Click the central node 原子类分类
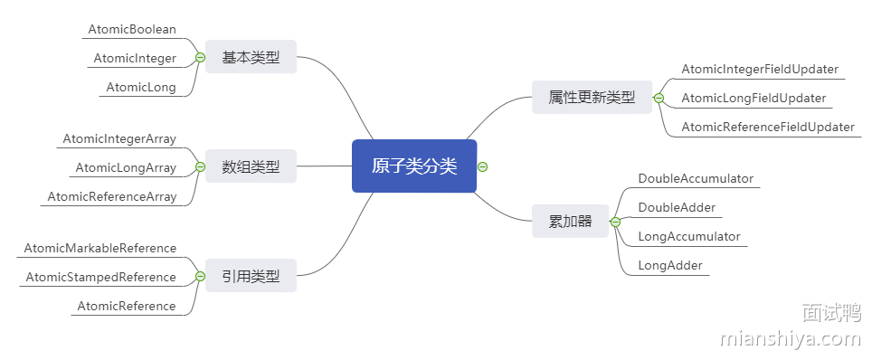(x=413, y=166)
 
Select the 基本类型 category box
(x=251, y=58)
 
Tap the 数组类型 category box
(x=251, y=166)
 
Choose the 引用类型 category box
(x=251, y=276)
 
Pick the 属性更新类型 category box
(x=592, y=97)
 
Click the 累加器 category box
(x=570, y=221)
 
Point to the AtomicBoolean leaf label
(x=132, y=29)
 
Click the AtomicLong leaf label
(x=141, y=88)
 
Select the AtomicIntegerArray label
(x=119, y=138)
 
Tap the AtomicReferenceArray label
(x=112, y=196)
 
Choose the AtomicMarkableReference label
(x=100, y=248)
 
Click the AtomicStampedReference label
(x=101, y=277)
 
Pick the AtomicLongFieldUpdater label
(x=754, y=98)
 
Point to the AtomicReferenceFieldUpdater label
(x=768, y=127)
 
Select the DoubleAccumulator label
(x=696, y=178)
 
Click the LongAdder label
(x=670, y=265)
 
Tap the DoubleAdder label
(x=677, y=207)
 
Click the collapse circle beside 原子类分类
(x=483, y=166)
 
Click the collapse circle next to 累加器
(x=615, y=222)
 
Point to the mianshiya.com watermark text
(x=791, y=339)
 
